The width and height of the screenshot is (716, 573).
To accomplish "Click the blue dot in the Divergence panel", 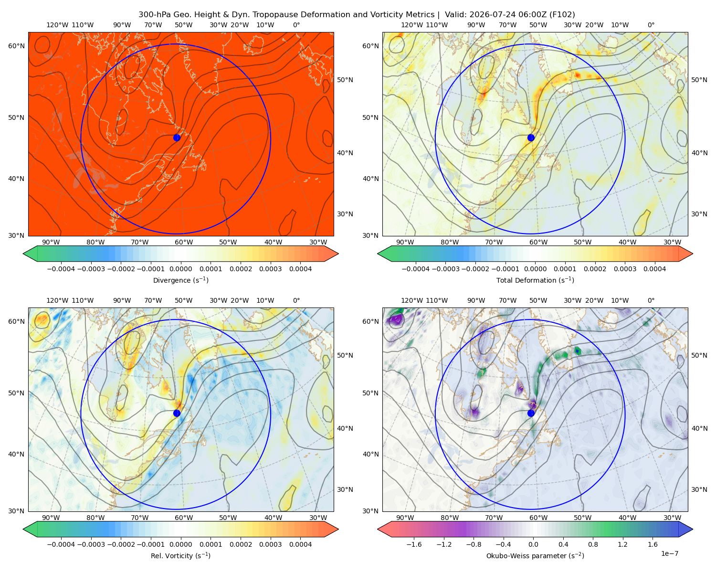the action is click(177, 138).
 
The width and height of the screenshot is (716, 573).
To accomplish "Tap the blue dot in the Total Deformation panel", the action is click(531, 138).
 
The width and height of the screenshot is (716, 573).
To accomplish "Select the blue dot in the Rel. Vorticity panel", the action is click(177, 413).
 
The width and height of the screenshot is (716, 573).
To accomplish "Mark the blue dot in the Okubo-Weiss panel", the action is click(531, 413).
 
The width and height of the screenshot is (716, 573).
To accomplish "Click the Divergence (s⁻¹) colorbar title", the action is click(180, 280).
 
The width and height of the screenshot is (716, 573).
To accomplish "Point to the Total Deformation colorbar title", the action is click(535, 280).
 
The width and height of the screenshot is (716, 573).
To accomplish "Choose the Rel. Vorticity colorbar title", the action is click(180, 555).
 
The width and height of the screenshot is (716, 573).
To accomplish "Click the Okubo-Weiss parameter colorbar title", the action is click(535, 555).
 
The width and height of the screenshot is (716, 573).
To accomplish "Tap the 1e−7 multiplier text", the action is click(669, 553).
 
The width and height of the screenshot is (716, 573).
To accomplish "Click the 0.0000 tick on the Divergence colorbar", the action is click(180, 269).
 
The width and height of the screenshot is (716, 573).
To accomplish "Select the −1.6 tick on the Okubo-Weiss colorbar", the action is click(414, 544).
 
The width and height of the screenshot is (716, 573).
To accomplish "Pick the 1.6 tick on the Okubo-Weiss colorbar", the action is click(653, 544).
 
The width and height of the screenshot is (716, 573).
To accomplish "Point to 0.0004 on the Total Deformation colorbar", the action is click(655, 269).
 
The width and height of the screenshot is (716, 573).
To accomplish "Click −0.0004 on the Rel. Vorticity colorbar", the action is click(61, 544).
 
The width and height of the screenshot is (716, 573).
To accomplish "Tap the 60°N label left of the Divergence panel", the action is click(16, 46).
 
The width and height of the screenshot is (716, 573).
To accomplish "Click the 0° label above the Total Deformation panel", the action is click(651, 25).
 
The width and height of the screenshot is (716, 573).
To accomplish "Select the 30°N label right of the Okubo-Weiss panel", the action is click(699, 489).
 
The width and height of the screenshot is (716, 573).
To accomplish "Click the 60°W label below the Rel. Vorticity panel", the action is click(184, 518).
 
